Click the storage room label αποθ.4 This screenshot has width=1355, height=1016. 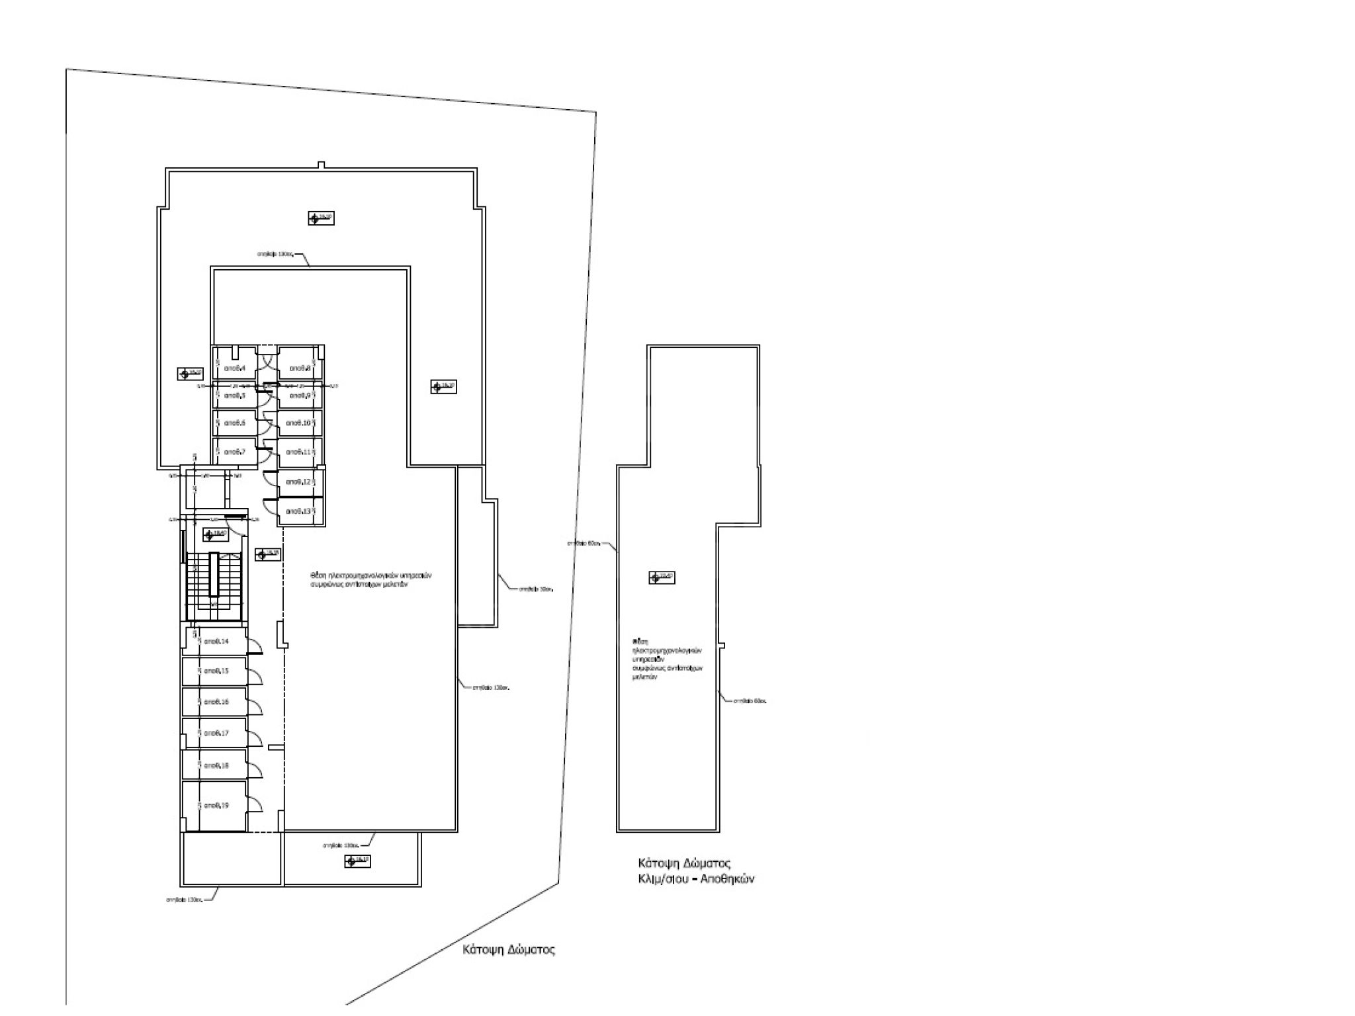coord(235,368)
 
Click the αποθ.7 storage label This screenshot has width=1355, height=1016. coord(235,452)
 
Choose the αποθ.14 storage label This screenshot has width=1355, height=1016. coord(216,641)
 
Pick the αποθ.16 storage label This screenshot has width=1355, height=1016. coord(216,702)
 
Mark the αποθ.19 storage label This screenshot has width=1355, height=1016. coord(216,806)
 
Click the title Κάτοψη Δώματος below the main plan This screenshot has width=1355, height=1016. coord(508,951)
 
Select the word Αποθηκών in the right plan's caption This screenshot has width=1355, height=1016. coord(729,880)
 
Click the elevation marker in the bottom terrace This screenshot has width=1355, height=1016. coord(357,861)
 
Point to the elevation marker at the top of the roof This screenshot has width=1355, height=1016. coord(321,218)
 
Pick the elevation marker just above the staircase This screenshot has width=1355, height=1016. coord(216,534)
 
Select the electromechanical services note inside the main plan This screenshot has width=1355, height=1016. coord(372,580)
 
